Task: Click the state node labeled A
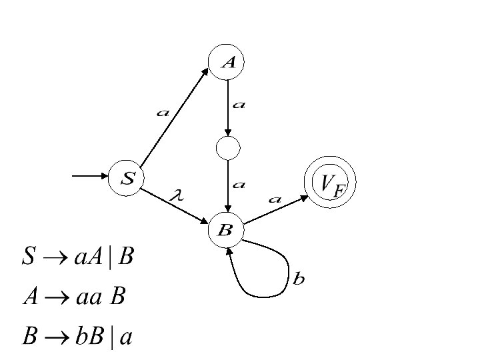click(227, 62)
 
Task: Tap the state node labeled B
click(227, 231)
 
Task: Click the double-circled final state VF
click(330, 183)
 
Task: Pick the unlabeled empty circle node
click(227, 148)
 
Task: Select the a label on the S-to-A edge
click(163, 113)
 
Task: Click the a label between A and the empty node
click(239, 104)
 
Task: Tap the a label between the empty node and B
click(239, 183)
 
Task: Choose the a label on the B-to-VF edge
click(275, 198)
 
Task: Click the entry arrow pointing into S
click(90, 176)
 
